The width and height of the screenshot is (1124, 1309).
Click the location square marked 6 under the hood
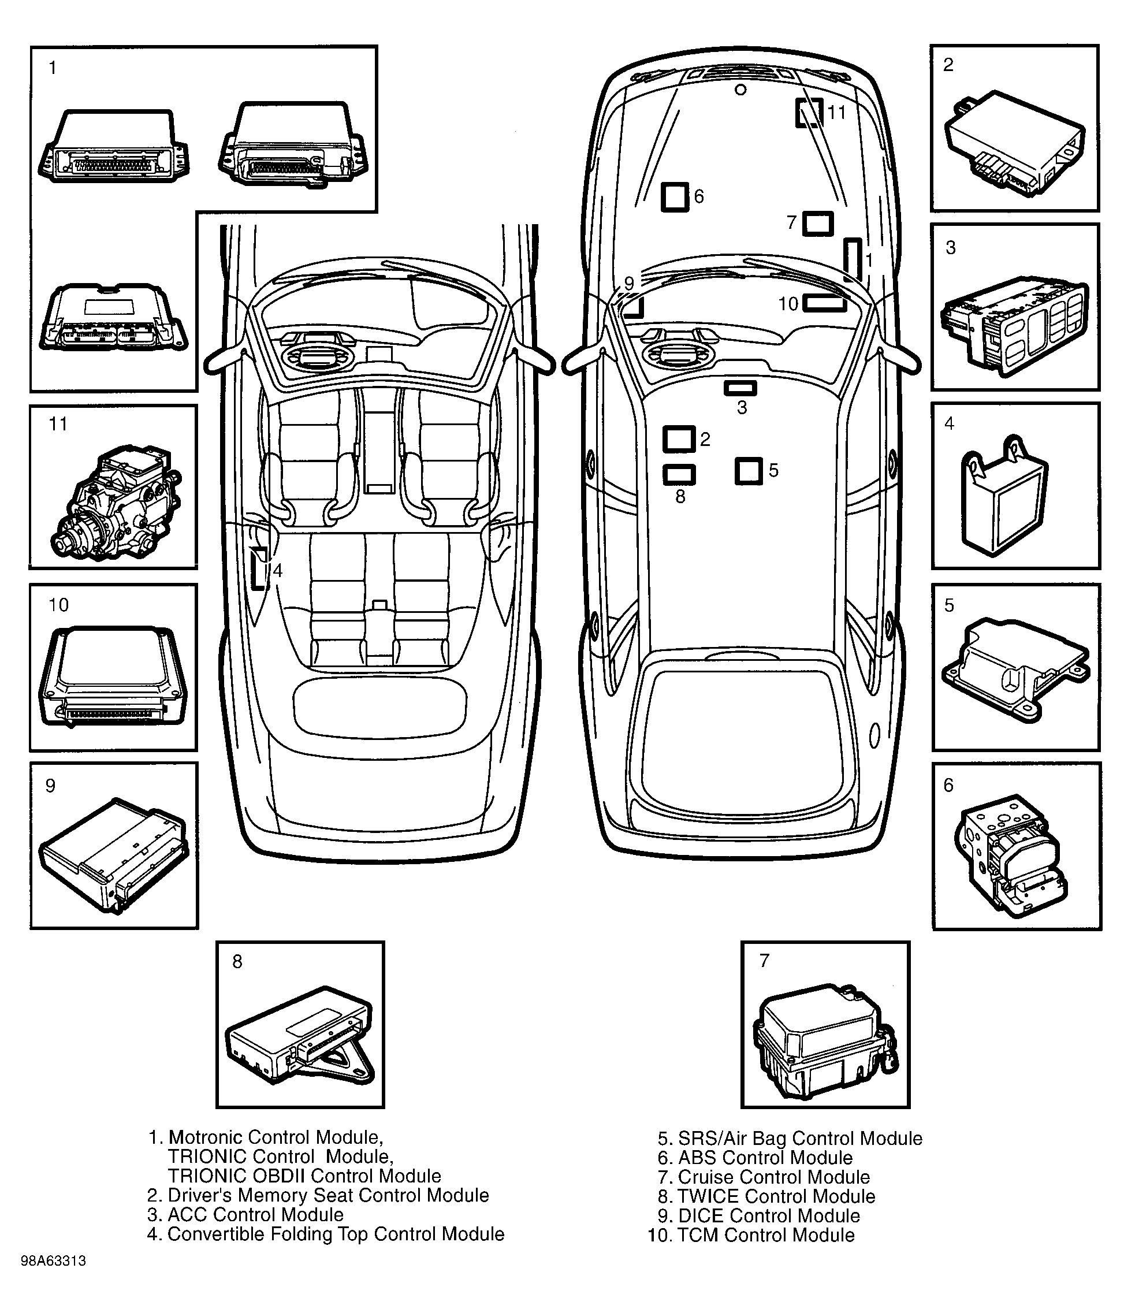click(674, 197)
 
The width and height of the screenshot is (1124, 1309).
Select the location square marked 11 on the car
click(809, 113)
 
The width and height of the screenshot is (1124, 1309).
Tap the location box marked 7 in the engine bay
click(817, 224)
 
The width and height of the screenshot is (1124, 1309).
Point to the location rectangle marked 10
click(824, 303)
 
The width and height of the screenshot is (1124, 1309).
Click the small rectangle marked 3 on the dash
click(740, 388)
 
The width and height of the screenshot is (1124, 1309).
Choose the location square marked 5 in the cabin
click(749, 471)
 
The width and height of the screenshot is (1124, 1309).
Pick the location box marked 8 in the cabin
click(679, 474)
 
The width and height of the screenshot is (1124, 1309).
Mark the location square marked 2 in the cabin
click(679, 439)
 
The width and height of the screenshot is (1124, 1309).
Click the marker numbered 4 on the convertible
click(258, 568)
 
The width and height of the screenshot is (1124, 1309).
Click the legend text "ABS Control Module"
click(765, 1158)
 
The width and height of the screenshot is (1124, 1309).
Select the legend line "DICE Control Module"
click(768, 1216)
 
